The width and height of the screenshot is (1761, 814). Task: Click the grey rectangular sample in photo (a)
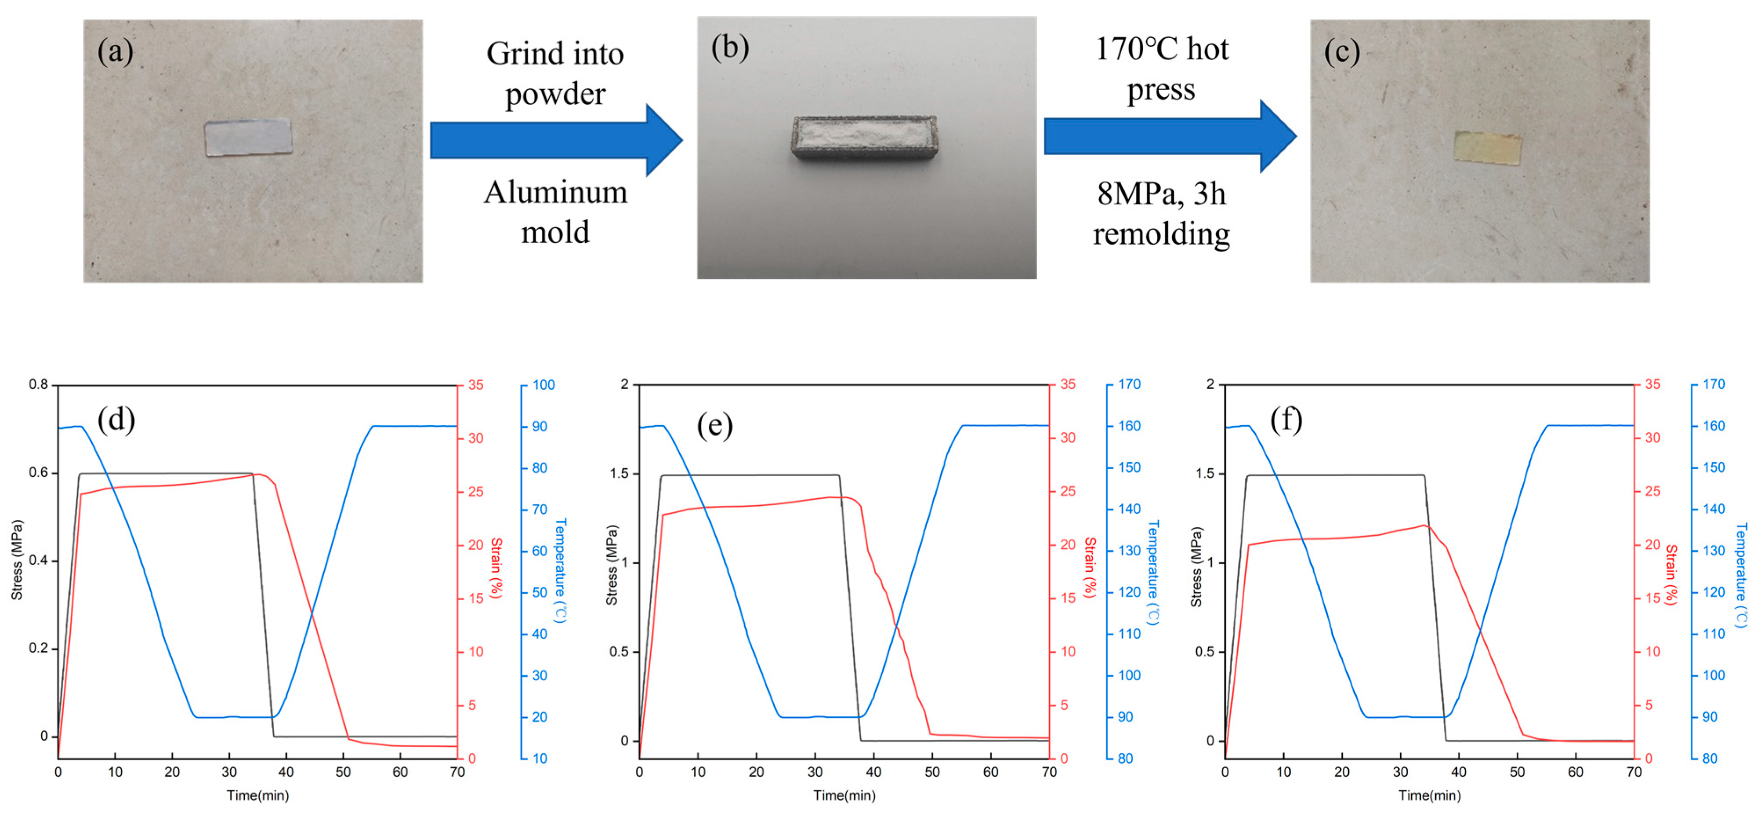pos(248,138)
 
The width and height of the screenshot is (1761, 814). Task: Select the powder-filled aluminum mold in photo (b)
pos(865,138)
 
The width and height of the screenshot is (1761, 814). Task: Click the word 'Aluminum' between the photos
pos(555,192)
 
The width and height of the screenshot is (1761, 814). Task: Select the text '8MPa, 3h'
pos(1161,194)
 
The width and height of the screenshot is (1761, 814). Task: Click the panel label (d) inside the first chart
pos(116,419)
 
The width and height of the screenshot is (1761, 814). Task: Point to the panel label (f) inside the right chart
pos(1286,419)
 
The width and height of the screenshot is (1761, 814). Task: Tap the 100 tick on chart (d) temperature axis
pos(544,385)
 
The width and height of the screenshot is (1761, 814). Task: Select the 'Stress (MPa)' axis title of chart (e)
pos(612,565)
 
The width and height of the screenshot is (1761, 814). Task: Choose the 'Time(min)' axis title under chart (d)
pos(258,796)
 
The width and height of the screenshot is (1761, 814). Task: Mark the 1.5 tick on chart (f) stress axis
pos(1204,474)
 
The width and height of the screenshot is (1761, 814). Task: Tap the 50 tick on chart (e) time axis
pos(932,772)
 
